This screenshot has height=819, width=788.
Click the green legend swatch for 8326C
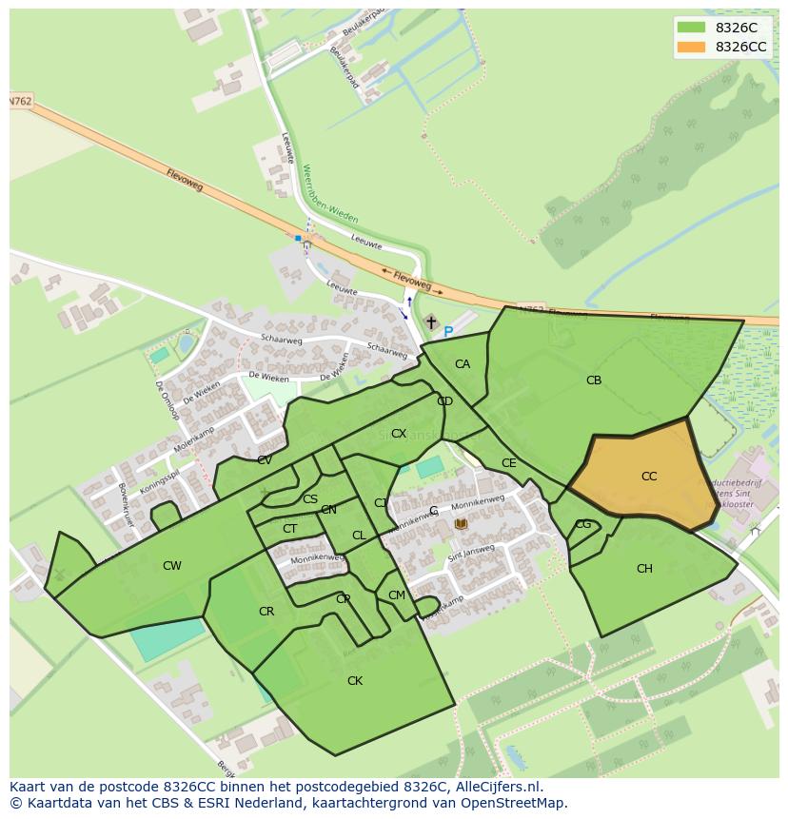tap(691, 28)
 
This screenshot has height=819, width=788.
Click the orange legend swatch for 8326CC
tap(691, 47)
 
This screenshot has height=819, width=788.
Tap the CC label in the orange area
tap(649, 477)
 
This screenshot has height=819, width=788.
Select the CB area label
tap(594, 380)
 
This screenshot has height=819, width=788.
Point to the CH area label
tap(644, 569)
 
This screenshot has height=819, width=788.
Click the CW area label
tap(171, 566)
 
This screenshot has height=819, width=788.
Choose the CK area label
tap(355, 681)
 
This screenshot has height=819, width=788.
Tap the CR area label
tap(266, 612)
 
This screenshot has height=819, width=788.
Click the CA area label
tap(463, 364)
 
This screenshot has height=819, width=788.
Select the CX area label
tap(399, 434)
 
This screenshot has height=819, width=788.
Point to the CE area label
tap(509, 463)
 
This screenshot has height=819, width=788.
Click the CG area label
tap(583, 524)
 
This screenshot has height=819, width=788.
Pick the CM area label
tap(397, 595)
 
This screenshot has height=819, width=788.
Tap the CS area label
tap(310, 499)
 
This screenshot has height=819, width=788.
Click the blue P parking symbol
tap(448, 332)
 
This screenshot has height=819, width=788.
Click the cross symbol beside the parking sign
tap(431, 323)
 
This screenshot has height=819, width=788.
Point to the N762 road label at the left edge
tap(21, 101)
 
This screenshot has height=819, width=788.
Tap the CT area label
tap(289, 529)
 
